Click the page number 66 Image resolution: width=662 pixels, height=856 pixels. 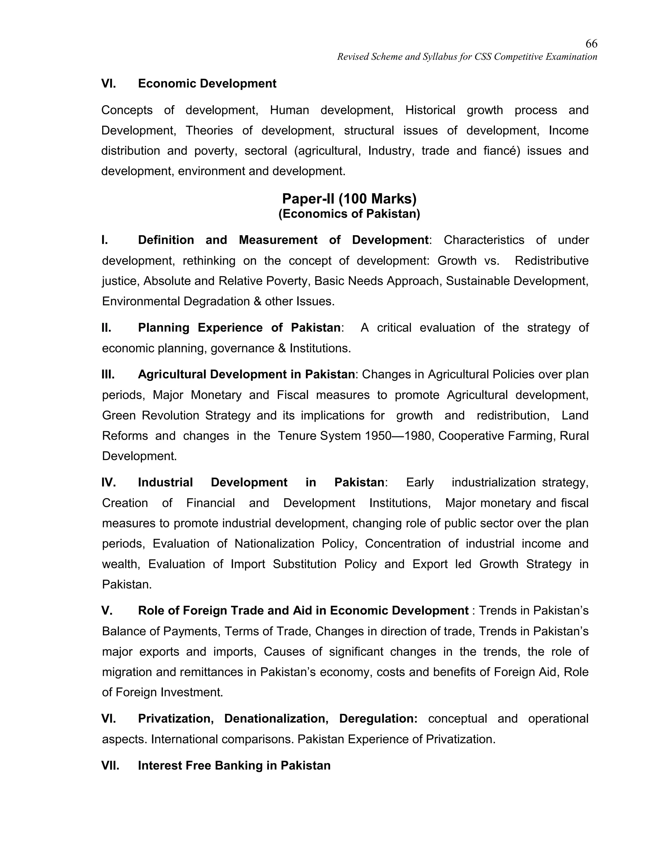(x=591, y=44)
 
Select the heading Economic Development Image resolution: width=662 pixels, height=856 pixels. (x=207, y=83)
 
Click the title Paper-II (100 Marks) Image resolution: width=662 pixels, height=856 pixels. (x=349, y=199)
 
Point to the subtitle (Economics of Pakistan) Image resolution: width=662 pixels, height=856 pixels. (x=349, y=214)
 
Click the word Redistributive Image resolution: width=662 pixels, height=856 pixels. (x=551, y=261)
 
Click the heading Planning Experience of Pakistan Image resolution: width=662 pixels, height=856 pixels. (x=239, y=328)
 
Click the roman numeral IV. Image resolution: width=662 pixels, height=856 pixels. (x=108, y=483)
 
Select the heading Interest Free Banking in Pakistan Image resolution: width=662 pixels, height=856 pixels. (x=234, y=766)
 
